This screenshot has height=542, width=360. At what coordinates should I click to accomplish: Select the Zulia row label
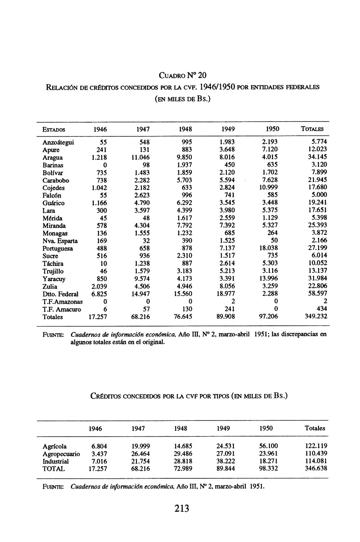point(50,287)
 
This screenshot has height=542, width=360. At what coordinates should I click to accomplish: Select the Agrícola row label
point(55,446)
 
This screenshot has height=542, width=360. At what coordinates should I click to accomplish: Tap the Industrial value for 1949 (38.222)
point(225,461)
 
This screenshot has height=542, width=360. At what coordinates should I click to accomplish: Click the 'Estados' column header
point(53,129)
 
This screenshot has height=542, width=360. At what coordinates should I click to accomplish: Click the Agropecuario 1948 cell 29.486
point(183,454)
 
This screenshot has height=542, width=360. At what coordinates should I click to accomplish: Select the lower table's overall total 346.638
point(315,469)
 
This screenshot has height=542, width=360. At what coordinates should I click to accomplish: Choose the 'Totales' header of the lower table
point(315,429)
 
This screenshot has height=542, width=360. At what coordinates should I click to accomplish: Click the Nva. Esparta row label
point(60,241)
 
